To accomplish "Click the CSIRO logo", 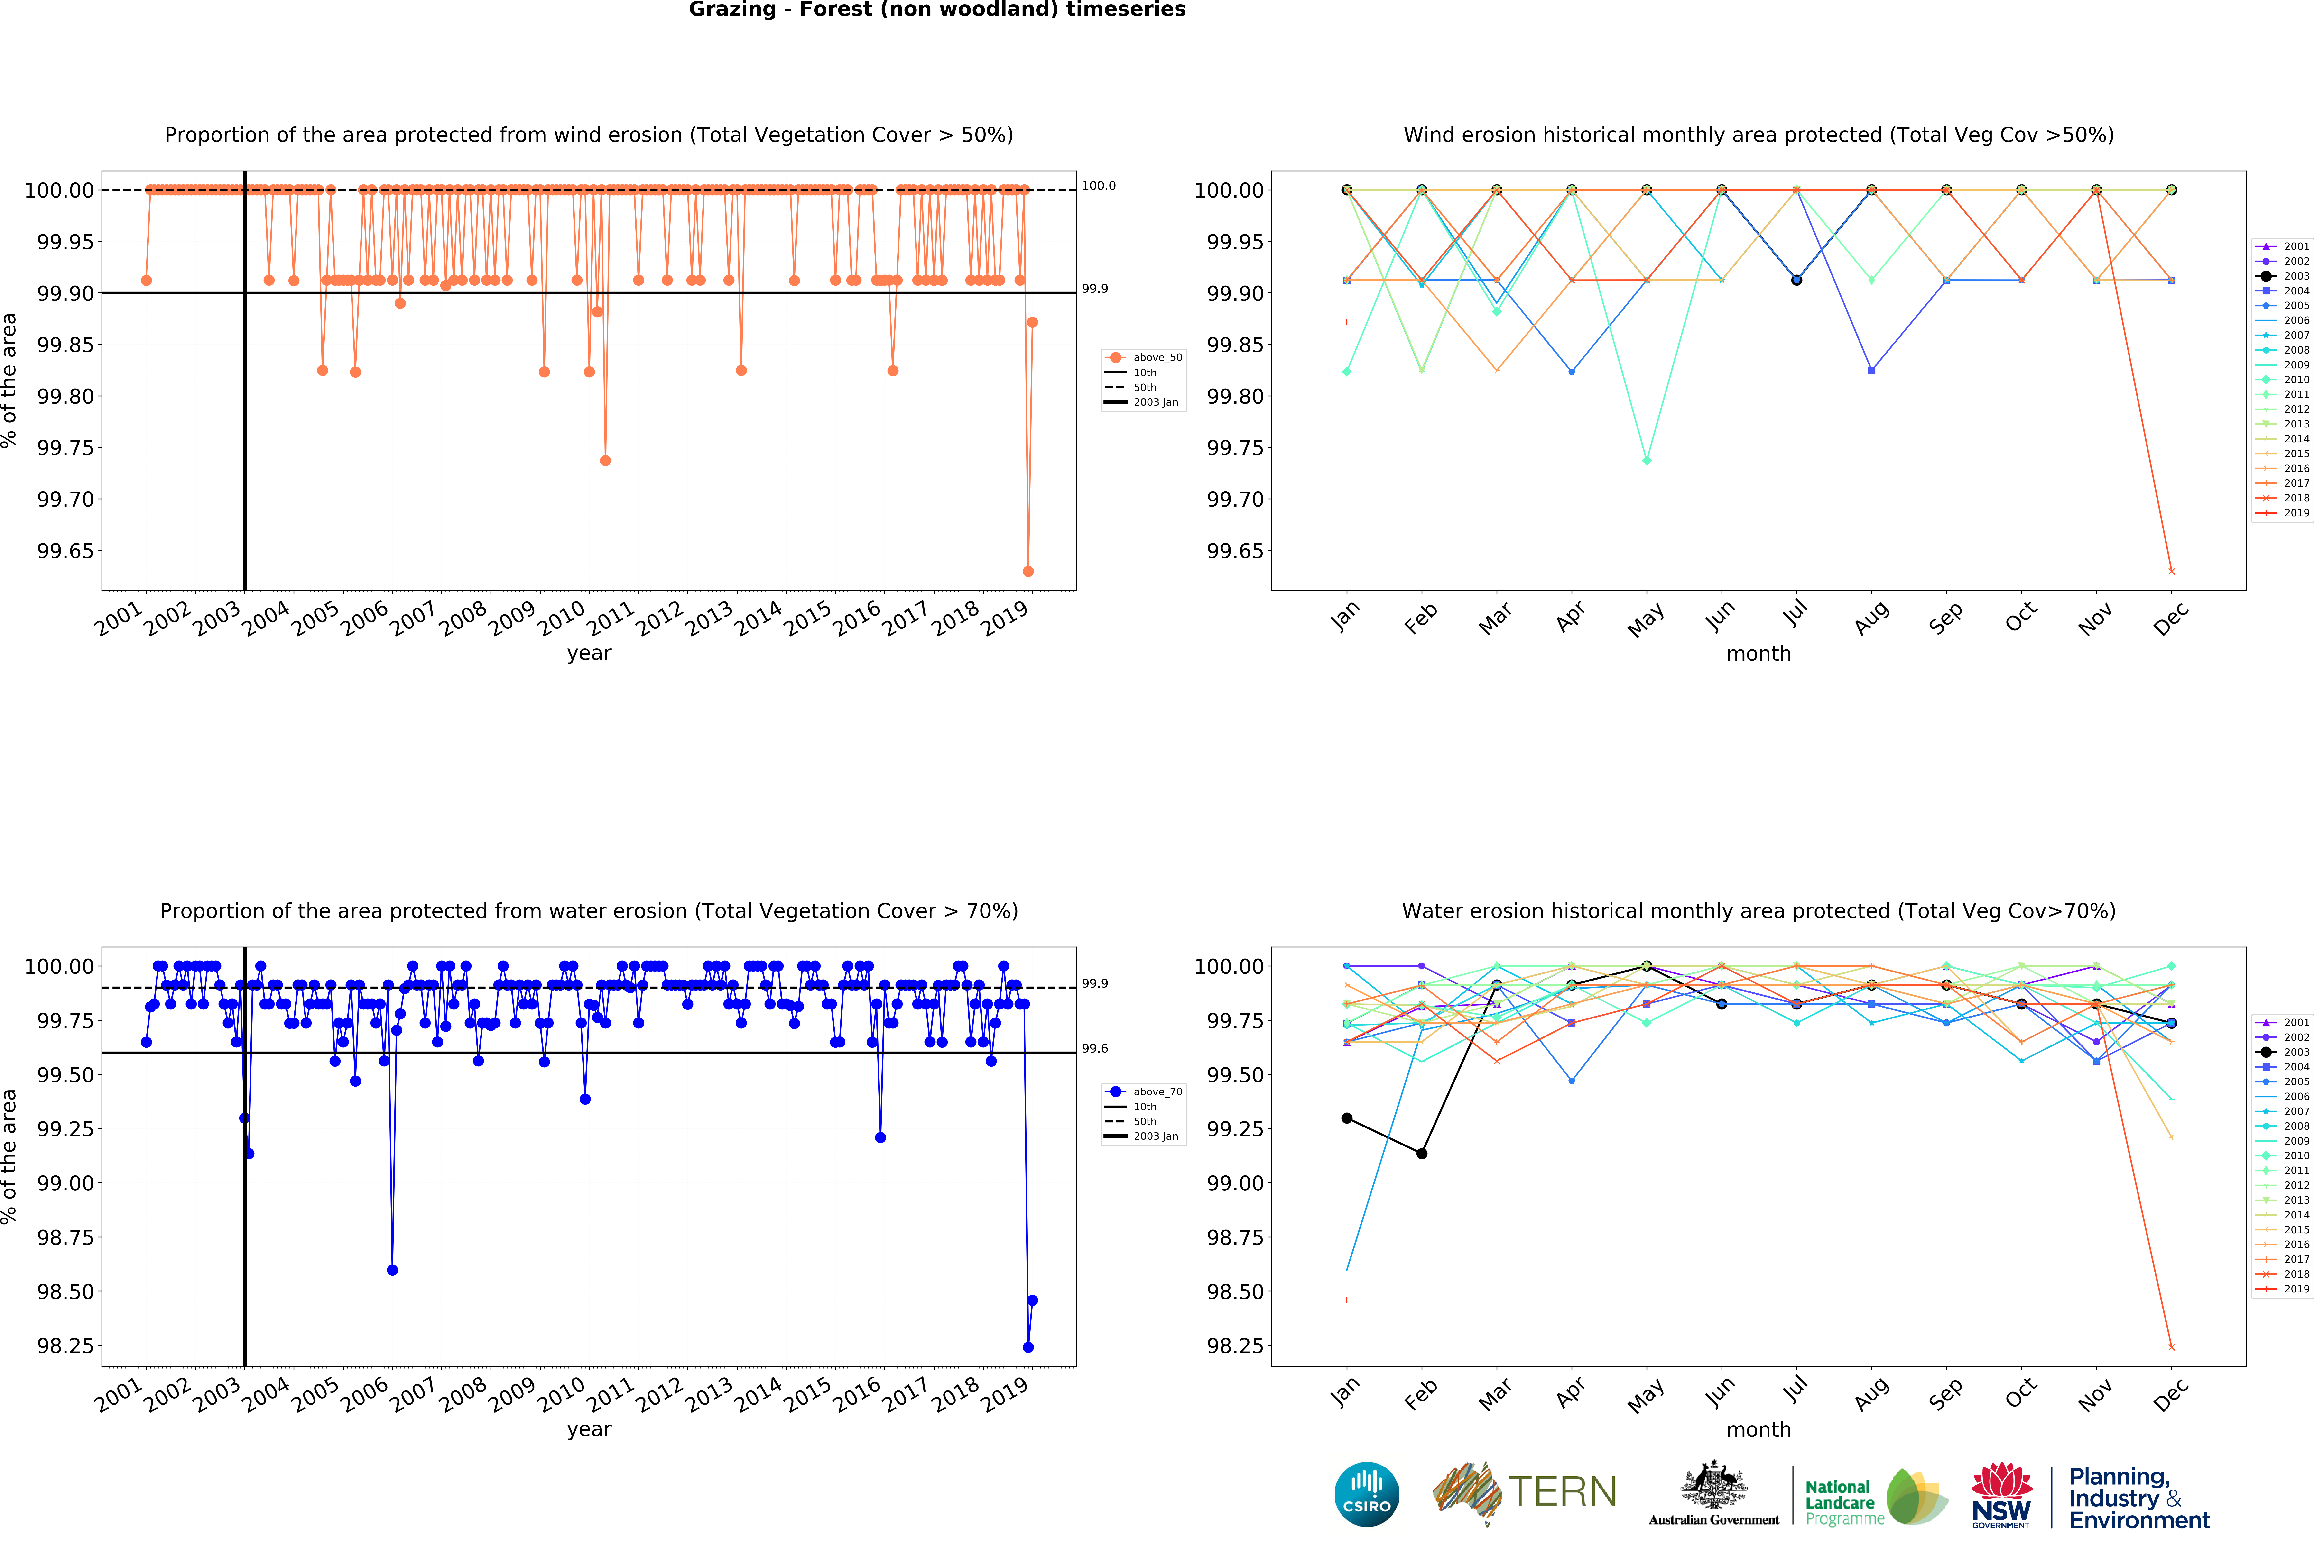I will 1366,1494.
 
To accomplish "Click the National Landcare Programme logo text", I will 1842,1501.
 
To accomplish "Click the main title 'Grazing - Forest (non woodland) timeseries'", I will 937,10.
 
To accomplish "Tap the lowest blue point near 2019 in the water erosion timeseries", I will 1028,1347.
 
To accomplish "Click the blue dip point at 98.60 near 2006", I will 393,1270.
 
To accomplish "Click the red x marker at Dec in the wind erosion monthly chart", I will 2171,571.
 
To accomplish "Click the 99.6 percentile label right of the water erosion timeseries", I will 1094,1049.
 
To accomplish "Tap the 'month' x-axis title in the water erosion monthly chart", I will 1759,1429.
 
